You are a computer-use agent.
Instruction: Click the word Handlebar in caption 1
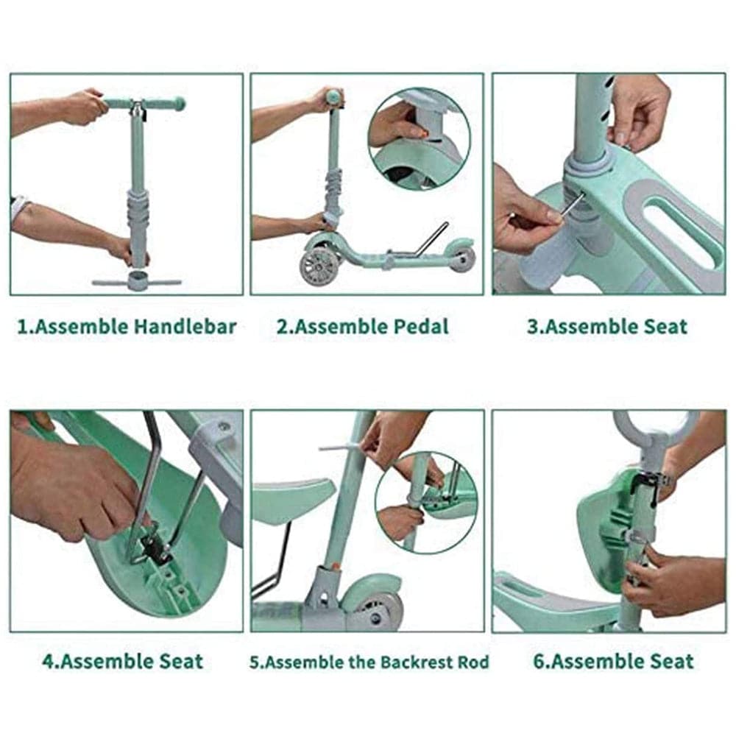pos(185,326)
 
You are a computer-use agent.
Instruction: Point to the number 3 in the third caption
pos(532,327)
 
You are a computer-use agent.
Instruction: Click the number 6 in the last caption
pos(539,662)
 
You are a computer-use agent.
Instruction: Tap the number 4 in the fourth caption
pos(49,662)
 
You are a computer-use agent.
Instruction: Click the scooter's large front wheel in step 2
pos(319,266)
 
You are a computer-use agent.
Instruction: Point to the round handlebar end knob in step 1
pos(179,103)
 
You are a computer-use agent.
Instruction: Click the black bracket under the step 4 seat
pos(155,547)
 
